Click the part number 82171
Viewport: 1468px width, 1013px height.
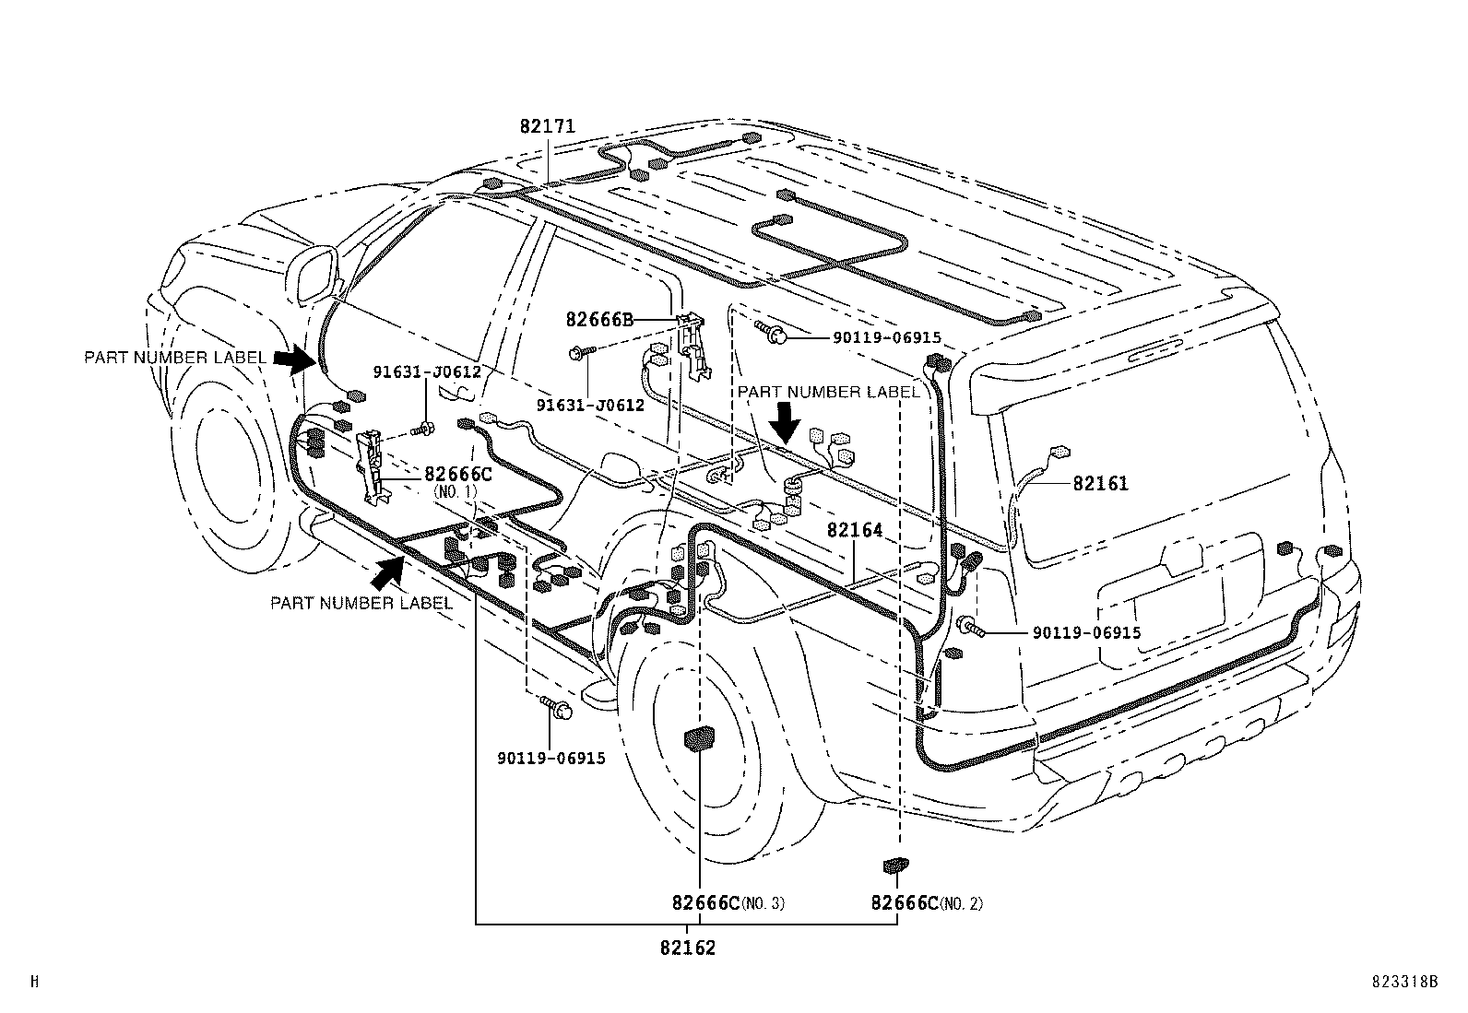547,126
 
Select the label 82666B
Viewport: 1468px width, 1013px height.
599,320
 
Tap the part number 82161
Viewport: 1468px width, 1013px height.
1100,483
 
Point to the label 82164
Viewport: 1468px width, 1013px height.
855,530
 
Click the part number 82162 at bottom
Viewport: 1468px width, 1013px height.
688,947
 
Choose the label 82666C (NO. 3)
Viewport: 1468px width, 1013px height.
728,903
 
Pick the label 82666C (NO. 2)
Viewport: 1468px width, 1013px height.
926,903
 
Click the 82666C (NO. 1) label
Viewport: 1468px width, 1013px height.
458,475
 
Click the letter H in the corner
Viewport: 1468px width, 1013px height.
35,983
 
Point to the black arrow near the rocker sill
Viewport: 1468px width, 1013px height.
389,573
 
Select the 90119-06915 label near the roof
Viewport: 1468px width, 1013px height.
886,338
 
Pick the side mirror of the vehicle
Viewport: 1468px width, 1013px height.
316,274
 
